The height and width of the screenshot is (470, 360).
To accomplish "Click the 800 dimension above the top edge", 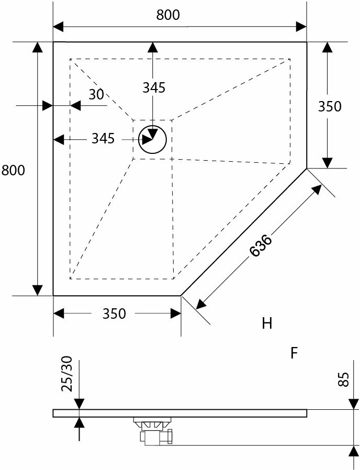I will (x=168, y=15).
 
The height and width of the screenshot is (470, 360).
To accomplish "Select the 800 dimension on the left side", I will (x=13, y=170).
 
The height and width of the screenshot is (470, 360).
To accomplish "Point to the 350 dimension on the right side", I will (x=330, y=106).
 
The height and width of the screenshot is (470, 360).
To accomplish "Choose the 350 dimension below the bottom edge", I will (x=114, y=314).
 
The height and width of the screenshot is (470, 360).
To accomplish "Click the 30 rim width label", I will (x=96, y=95).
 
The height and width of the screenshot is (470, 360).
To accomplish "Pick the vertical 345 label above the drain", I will (x=154, y=88).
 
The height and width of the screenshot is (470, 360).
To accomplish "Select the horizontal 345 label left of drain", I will (x=103, y=139).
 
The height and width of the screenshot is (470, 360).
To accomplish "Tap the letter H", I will (x=267, y=323).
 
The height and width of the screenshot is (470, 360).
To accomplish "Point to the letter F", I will (x=294, y=354).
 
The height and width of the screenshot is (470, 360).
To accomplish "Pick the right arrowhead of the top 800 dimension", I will (x=301, y=26).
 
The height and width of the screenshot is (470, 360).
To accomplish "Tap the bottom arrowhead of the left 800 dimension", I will (x=37, y=290).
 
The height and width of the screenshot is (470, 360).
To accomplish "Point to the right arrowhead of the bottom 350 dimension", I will (x=176, y=314).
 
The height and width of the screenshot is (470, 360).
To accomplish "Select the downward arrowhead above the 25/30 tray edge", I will (x=79, y=404).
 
